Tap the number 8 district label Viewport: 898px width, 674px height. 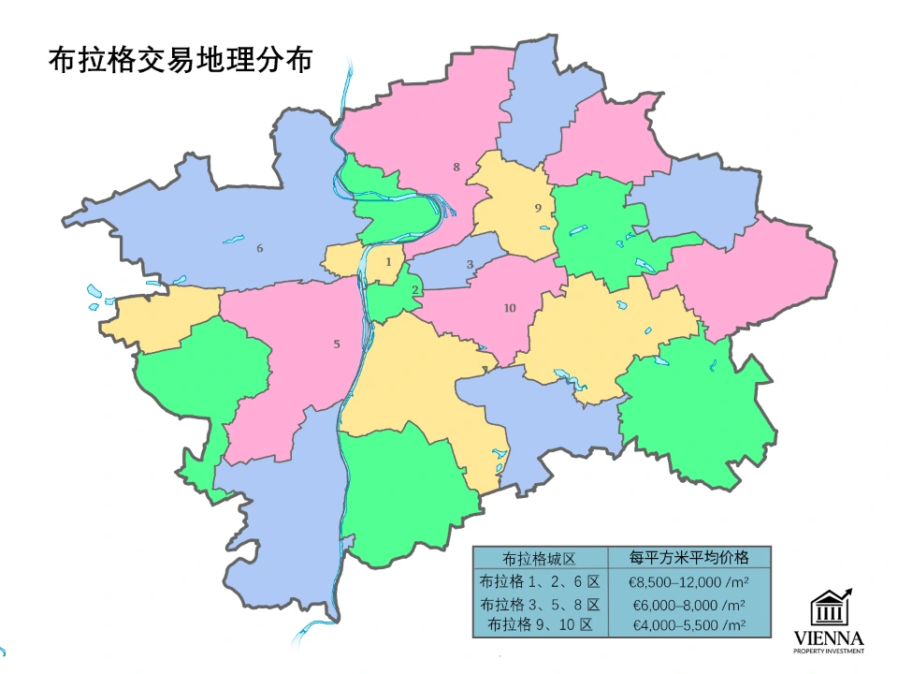tap(456, 168)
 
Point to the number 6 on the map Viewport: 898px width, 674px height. tap(260, 248)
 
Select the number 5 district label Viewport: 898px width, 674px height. tap(337, 344)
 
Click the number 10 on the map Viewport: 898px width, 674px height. tap(510, 308)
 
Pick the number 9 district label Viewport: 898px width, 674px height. tap(538, 208)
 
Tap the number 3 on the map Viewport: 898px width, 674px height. tap(471, 264)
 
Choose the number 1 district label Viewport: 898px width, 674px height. tap(388, 262)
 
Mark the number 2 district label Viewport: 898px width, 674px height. tap(415, 289)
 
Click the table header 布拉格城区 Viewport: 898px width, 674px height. tap(540, 558)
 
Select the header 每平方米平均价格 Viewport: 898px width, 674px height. tap(689, 558)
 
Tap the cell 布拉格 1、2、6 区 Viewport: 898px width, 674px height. tap(540, 581)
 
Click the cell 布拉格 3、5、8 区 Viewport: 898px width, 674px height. tap(540, 605)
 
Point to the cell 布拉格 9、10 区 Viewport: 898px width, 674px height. tap(540, 625)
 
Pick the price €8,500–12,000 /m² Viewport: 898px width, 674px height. tap(689, 581)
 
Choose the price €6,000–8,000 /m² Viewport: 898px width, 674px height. tap(689, 605)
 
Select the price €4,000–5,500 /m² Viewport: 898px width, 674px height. tap(689, 625)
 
